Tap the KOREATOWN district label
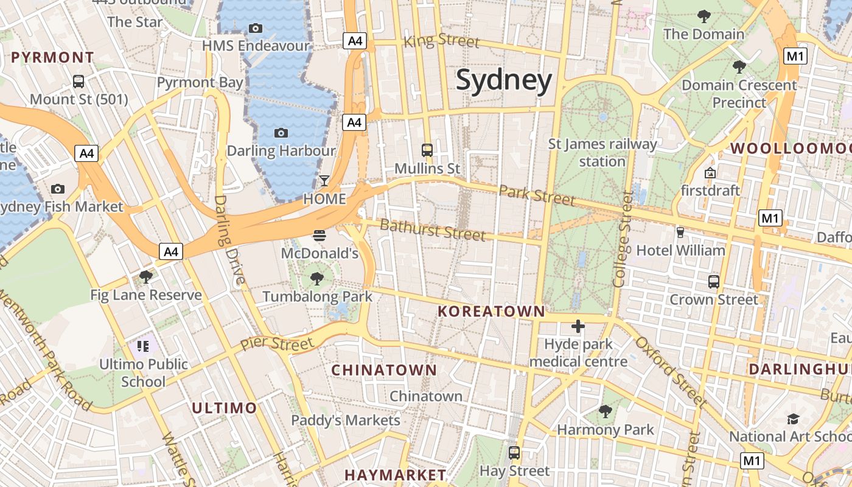tap(492, 312)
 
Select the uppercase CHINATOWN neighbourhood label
tap(384, 370)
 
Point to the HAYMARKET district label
tap(396, 475)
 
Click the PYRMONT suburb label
tap(53, 58)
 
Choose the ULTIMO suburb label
tap(225, 408)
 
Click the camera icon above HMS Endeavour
tap(256, 28)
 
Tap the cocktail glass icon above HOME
tap(324, 181)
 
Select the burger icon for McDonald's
tap(319, 235)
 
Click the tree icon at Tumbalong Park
tap(316, 279)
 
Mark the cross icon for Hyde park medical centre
tap(578, 326)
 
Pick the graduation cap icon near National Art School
tap(793, 419)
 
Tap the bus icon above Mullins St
tap(427, 150)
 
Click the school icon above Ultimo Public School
tap(143, 346)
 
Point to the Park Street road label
tap(537, 195)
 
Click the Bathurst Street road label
tap(433, 230)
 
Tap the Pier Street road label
tap(277, 343)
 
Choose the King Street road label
tap(442, 41)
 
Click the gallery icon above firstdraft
tap(710, 173)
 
